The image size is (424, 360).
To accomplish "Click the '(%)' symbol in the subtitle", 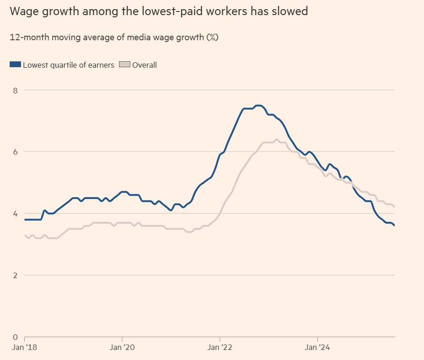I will (212, 38).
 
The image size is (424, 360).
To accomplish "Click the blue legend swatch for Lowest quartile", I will (16, 65).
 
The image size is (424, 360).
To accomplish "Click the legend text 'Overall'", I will (145, 65).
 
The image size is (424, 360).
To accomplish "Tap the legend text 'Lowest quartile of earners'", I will (69, 65).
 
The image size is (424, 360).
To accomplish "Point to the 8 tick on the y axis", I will (15, 90).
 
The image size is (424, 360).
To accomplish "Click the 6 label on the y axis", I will (15, 152).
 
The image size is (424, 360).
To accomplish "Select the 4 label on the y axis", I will (15, 214).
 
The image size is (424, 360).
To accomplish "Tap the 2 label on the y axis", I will (15, 275).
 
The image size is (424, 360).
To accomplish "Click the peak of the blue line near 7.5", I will (259, 106).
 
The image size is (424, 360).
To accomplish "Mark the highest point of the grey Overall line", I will (277, 140).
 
